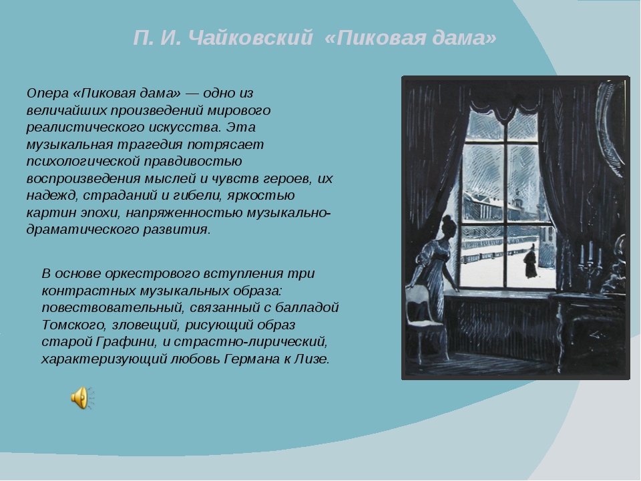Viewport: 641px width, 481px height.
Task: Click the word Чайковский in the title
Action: pos(252,37)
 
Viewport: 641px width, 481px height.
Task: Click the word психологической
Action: pos(83,162)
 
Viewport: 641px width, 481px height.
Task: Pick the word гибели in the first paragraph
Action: pos(196,195)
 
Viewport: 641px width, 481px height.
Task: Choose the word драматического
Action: pos(83,229)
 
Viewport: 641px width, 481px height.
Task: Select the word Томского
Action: pos(73,325)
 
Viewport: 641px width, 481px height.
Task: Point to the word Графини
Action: pos(126,341)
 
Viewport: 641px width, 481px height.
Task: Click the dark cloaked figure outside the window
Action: pos(531,262)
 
